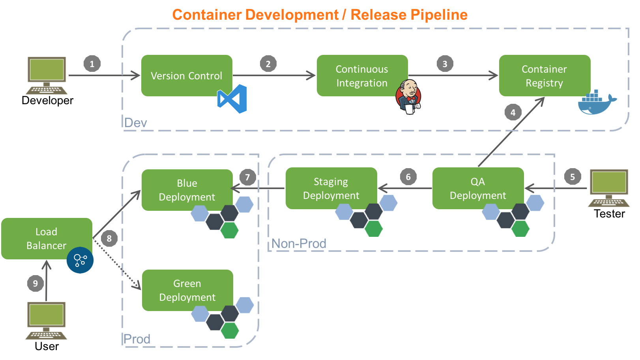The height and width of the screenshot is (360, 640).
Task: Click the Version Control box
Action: (x=187, y=75)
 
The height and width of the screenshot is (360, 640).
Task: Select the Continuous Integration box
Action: (x=362, y=75)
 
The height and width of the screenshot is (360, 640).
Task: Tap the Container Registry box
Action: (x=545, y=75)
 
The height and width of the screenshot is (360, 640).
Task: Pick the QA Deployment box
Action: (x=478, y=188)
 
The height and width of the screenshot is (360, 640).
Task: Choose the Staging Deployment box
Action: (x=331, y=188)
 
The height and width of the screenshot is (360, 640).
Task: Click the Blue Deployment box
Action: (x=187, y=190)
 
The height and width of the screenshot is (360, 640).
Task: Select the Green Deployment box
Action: (x=187, y=290)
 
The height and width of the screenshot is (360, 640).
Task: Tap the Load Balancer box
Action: (x=47, y=238)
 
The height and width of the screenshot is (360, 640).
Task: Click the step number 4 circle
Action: (x=513, y=112)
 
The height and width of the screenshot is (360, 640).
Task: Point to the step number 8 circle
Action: (x=109, y=238)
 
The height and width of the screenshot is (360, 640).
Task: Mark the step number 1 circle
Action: (x=92, y=64)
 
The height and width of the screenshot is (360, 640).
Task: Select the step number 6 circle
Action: (x=408, y=177)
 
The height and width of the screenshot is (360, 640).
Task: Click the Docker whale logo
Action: (x=597, y=102)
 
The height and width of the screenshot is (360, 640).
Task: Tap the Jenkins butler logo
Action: (x=408, y=97)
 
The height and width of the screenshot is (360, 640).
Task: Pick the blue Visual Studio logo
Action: (x=232, y=99)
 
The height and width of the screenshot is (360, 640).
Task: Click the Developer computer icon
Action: (x=47, y=75)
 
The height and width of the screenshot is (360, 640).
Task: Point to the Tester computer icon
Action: (x=608, y=188)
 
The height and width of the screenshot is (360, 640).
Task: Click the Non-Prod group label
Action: (x=299, y=243)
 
